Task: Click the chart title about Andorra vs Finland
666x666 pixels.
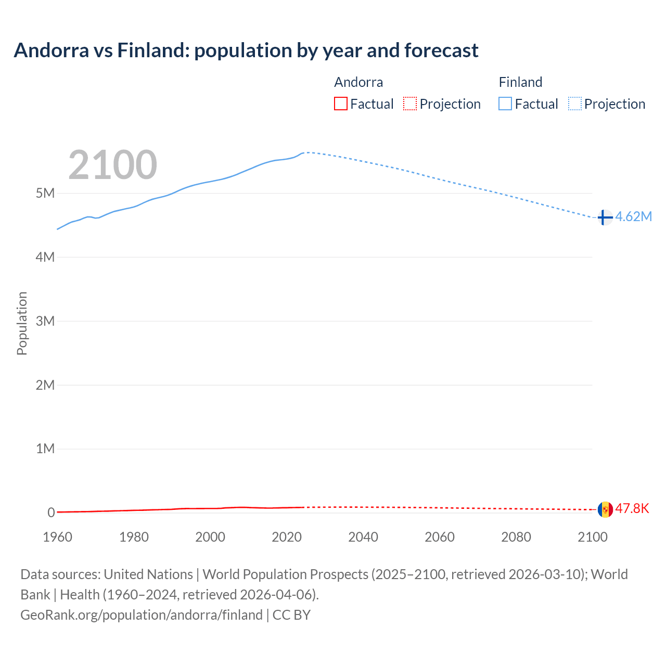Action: click(x=246, y=50)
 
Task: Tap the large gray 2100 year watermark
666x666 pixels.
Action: click(x=112, y=165)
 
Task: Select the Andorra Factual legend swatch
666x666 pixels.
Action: click(x=340, y=104)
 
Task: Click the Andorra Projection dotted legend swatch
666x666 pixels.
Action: click(x=410, y=104)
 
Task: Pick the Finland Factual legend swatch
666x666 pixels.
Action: click(x=505, y=104)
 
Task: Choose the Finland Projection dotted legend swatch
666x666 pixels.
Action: click(x=575, y=104)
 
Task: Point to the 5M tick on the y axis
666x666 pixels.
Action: click(x=45, y=193)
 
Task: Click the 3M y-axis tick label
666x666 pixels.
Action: click(x=45, y=321)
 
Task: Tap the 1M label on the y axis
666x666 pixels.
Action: click(x=45, y=449)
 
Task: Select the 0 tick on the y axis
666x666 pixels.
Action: click(x=51, y=513)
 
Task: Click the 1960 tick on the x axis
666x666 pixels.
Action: click(x=57, y=537)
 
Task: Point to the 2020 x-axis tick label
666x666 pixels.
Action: click(x=287, y=537)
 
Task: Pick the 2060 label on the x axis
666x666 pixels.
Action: click(x=440, y=537)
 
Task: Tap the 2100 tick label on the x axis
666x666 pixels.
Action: click(x=592, y=537)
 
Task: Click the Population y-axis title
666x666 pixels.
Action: click(x=22, y=323)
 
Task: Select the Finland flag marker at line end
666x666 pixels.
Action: click(x=605, y=217)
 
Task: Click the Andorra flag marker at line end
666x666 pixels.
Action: click(x=605, y=509)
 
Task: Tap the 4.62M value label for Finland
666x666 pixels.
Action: click(x=633, y=217)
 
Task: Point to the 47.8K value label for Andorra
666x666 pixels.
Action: click(x=632, y=508)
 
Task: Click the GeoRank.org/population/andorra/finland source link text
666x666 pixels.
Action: click(x=142, y=614)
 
